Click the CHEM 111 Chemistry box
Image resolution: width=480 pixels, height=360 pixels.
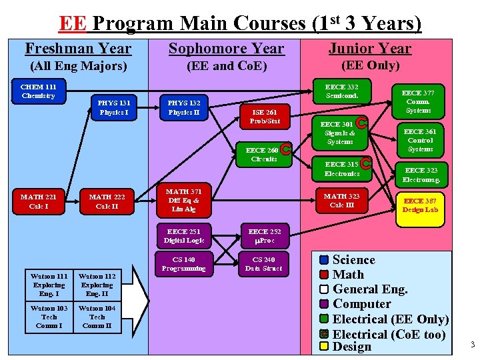39,91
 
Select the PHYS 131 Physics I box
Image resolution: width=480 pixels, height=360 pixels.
114,107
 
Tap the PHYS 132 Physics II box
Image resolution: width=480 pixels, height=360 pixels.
184,107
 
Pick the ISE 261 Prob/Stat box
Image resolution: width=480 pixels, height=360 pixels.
265,117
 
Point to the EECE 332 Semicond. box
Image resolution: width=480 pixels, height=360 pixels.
341,91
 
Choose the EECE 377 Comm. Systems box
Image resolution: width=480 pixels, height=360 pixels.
418,101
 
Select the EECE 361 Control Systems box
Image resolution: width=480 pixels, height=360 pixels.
420,141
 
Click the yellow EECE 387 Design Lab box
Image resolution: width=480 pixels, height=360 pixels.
421,205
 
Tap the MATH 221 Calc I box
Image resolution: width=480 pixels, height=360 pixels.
38,201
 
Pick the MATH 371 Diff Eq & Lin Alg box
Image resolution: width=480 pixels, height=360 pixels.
183,200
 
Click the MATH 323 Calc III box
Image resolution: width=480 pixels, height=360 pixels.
341,201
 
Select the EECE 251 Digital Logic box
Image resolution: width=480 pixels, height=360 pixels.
184,236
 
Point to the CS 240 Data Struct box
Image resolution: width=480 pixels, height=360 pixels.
264,264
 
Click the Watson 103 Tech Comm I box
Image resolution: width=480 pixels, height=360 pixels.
49,317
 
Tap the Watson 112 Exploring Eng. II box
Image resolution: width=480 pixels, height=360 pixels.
97,285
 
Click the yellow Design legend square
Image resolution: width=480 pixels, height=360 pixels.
324,347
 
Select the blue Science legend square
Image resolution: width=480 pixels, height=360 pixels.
324,260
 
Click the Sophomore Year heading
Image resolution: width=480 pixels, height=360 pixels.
226,49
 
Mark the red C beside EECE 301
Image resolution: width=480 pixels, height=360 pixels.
361,123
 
